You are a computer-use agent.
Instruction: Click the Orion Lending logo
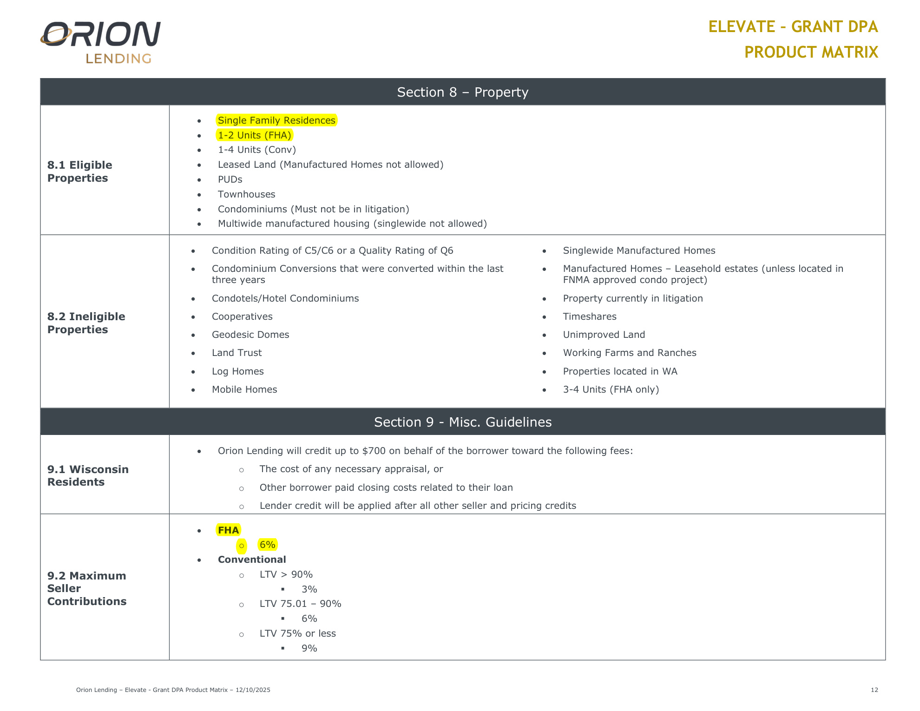101,42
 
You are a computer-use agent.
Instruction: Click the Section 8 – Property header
462,92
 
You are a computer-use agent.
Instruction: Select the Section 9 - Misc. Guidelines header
462,422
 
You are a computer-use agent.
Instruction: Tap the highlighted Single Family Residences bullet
276,120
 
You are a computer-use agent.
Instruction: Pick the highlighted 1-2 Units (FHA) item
254,135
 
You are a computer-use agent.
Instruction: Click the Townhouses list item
246,194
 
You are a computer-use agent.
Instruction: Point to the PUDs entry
230,179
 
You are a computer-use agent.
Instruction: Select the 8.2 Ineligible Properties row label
86,323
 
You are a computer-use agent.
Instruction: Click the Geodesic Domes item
250,335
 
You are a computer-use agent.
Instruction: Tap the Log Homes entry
237,371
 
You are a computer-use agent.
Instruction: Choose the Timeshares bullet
590,316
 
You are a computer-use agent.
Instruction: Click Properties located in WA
620,371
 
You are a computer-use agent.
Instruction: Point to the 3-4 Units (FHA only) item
611,389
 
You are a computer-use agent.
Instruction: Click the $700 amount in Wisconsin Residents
374,451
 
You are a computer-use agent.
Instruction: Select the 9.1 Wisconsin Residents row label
88,475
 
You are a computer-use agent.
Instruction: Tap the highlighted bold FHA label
228,530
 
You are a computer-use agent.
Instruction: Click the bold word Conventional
252,560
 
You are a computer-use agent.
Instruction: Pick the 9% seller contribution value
309,648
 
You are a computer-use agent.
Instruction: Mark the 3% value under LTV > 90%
309,589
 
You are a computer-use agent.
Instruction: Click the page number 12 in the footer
874,690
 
